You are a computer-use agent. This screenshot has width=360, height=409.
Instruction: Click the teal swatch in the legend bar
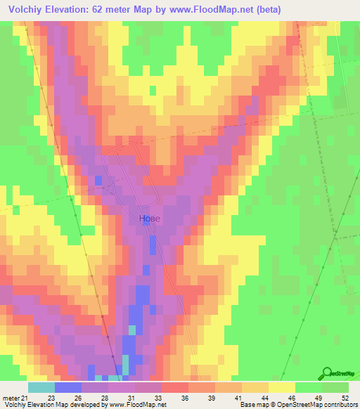pos(41,387)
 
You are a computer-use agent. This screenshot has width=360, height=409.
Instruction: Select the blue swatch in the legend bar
pos(68,387)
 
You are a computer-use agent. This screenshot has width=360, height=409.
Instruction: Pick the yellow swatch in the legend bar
pos(282,387)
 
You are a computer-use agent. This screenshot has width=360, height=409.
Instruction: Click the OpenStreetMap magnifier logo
pos(328,374)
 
